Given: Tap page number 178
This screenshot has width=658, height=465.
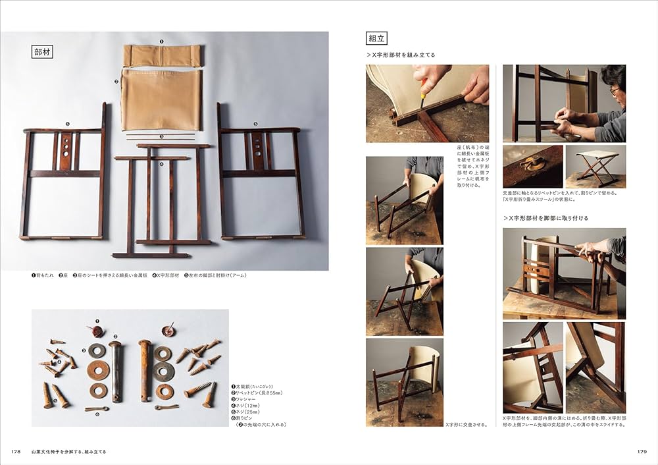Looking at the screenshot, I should click(17, 452).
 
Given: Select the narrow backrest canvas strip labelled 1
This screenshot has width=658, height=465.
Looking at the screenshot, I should click(161, 55).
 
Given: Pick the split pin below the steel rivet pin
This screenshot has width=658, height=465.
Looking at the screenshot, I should click(97, 409).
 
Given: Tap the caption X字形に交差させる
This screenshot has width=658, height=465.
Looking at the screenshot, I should click(467, 425).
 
